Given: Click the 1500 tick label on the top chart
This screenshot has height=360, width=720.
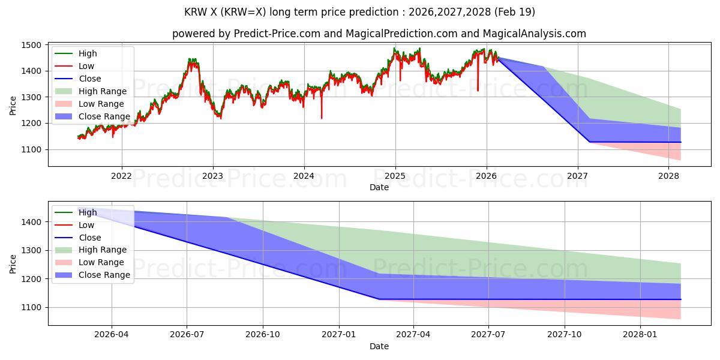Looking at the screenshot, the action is coord(31,45).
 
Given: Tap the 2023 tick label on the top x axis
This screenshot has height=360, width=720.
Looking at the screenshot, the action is coord(213,176).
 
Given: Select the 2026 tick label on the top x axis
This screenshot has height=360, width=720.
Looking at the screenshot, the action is coord(487,176).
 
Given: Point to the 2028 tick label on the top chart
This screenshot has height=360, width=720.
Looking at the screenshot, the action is coord(668,176).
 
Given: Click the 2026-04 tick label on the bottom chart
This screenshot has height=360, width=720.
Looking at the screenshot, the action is coord(111,335).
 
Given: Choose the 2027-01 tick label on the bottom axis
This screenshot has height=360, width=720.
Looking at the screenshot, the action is coord(339,335).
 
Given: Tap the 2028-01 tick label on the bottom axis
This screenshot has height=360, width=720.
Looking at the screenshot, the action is coord(640,335).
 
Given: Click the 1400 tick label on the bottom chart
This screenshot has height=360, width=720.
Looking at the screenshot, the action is coord(31,222).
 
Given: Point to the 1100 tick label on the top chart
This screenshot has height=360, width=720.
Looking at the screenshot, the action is coord(31,149).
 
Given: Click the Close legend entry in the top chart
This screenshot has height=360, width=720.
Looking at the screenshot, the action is coord(78,79).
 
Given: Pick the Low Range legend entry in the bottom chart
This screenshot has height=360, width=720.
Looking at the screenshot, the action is coord(89,262).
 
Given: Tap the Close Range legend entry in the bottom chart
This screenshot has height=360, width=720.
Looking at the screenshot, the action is coord(92,275).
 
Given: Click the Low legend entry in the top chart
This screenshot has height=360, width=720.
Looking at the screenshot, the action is coord(74,66).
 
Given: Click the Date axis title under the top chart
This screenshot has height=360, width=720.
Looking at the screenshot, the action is coord(379,187).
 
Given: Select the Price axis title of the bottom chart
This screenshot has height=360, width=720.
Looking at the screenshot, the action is coord(13,264).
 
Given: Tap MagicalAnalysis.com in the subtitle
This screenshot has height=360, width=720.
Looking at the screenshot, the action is coord(535,34).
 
